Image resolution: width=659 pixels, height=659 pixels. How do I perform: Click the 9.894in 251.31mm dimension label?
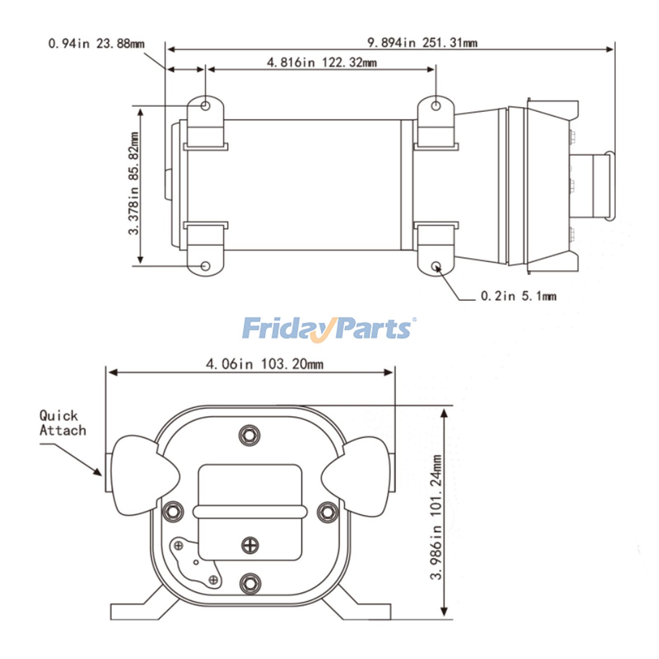coord(422,42)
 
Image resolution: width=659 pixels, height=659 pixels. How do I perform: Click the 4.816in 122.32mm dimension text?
coord(322,63)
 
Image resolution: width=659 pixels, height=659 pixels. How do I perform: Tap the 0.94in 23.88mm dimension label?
coord(96,43)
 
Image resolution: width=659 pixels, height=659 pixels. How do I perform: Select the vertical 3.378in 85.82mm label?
coord(134,183)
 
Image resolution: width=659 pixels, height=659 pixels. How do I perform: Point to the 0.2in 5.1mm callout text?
coord(519,296)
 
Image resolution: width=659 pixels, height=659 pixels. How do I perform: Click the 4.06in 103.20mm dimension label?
coord(264,364)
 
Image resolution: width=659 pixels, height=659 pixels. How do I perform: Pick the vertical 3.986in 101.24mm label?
coord(436,517)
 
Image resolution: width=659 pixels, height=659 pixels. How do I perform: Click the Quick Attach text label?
coord(63,423)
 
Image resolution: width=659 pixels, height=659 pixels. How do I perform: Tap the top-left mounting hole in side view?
coord(206,106)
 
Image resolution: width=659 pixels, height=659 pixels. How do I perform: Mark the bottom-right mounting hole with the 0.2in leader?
coord(436,266)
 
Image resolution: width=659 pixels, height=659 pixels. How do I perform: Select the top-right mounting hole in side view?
coord(436,106)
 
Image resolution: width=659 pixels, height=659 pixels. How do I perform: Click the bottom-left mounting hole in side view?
coord(206,266)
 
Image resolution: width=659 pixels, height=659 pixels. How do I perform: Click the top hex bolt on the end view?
coord(250,435)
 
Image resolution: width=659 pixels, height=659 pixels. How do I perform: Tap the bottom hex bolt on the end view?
coord(250,583)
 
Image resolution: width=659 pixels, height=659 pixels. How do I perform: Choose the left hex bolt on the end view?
coord(173,512)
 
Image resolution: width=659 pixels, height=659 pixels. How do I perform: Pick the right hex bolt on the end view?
coord(327,512)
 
